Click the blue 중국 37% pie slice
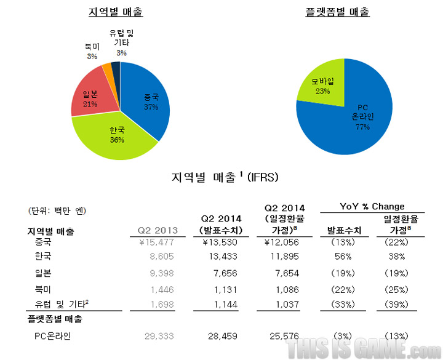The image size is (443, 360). pyautogui.click(x=148, y=102)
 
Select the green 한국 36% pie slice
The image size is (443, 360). pyautogui.click(x=117, y=135)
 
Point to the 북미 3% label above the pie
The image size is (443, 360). pyautogui.click(x=92, y=51)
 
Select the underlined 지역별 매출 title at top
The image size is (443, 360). pyautogui.click(x=121, y=12)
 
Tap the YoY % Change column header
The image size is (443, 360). pyautogui.click(x=372, y=206)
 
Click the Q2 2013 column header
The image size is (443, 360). pyautogui.click(x=157, y=230)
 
